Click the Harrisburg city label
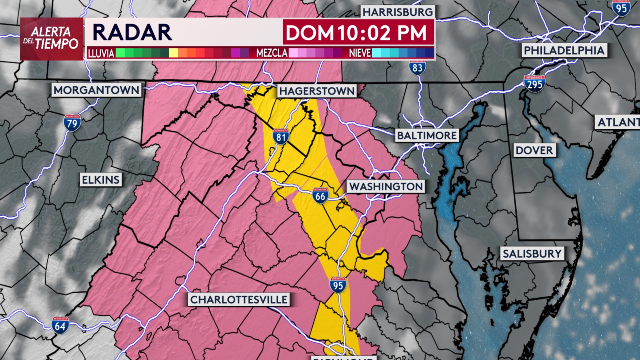398,12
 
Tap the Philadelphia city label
564,50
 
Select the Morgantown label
96,90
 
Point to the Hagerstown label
317,91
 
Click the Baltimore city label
427,136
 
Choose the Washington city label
386,186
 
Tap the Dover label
534,150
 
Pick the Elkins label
101,180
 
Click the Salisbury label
532,254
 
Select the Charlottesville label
239,300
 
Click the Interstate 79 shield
72,123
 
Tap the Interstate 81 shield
281,137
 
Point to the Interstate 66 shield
320,196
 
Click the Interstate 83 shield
417,68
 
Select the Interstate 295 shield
534,84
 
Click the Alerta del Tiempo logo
52,38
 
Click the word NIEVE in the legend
360,53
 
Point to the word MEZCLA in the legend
272,53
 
